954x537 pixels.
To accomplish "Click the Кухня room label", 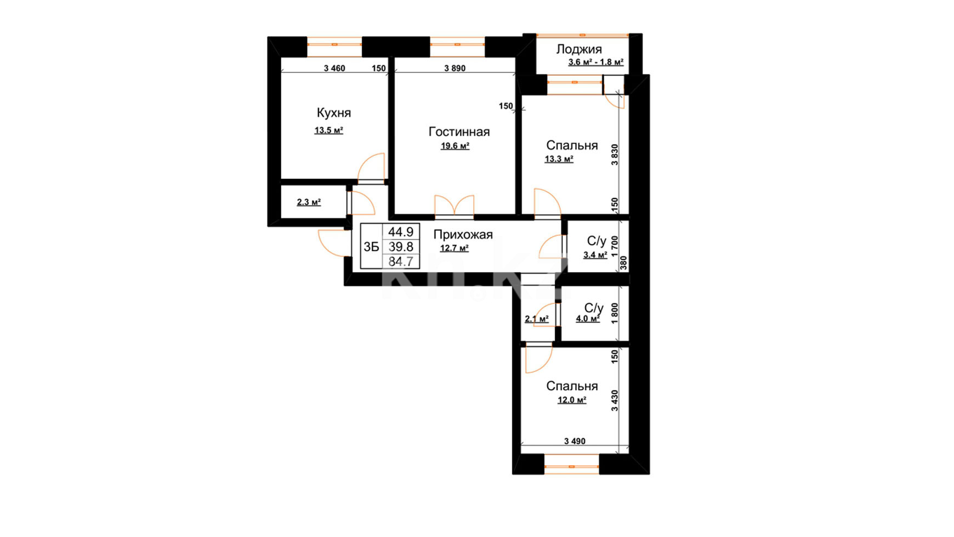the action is tap(333, 113).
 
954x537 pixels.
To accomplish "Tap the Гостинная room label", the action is tap(459, 132).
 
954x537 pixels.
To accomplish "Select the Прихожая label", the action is tap(463, 235).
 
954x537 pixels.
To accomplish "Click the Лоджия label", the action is tap(579, 49).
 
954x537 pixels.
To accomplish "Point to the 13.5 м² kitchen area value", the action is tap(328, 131).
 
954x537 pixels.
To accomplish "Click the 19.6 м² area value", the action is tap(455, 146).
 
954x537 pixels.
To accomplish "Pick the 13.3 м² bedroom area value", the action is tap(559, 159).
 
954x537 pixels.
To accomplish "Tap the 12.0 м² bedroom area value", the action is tap(572, 400).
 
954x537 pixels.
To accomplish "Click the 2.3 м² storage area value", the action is tap(309, 202).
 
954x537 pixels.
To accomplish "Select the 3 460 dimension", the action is tap(334, 69).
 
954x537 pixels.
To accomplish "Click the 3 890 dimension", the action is tap(455, 69).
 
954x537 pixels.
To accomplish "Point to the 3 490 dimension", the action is tap(575, 441).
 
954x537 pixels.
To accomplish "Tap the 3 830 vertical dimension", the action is tap(615, 155).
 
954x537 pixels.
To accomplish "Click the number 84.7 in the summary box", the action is tap(401, 262).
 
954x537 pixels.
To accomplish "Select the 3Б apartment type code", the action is tap(371, 247).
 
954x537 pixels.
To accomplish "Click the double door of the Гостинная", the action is tap(454, 206).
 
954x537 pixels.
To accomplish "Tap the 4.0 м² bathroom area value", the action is tap(587, 319).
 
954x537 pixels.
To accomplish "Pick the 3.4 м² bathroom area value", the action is tap(595, 255).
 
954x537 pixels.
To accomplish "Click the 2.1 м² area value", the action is tap(537, 319).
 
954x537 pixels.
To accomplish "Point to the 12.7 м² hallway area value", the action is tap(454, 248).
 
